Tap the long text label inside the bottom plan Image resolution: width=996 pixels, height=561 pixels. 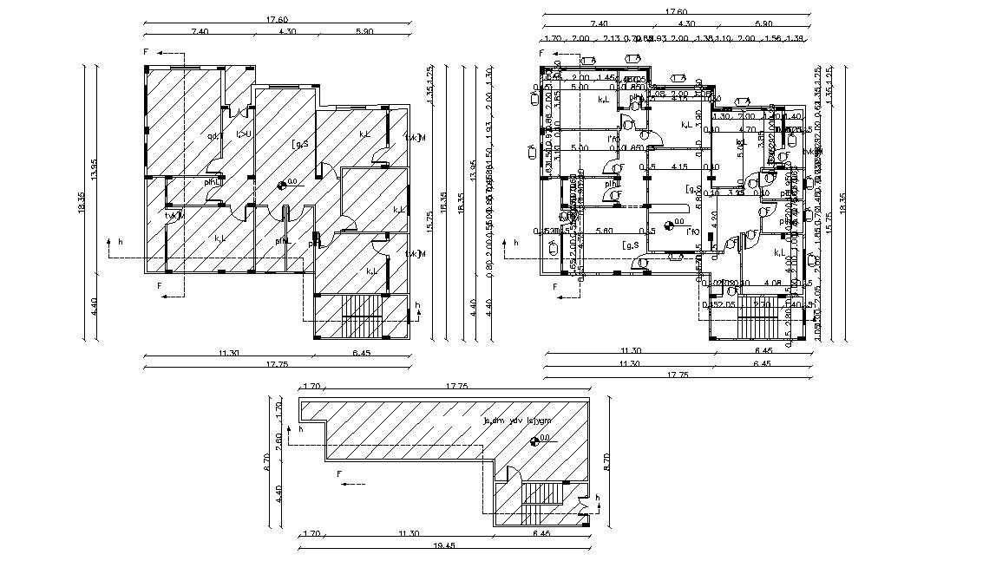click(518, 421)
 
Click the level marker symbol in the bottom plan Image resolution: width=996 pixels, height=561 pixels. click(535, 440)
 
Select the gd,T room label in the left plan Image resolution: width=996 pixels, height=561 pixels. click(214, 135)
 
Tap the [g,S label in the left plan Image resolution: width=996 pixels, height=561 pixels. click(300, 143)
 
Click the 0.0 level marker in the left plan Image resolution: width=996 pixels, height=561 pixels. click(283, 184)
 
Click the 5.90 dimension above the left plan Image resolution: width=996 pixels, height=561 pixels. click(364, 31)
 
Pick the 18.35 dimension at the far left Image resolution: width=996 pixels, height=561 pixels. click(81, 201)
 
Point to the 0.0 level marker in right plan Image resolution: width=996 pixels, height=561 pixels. click(667, 225)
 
